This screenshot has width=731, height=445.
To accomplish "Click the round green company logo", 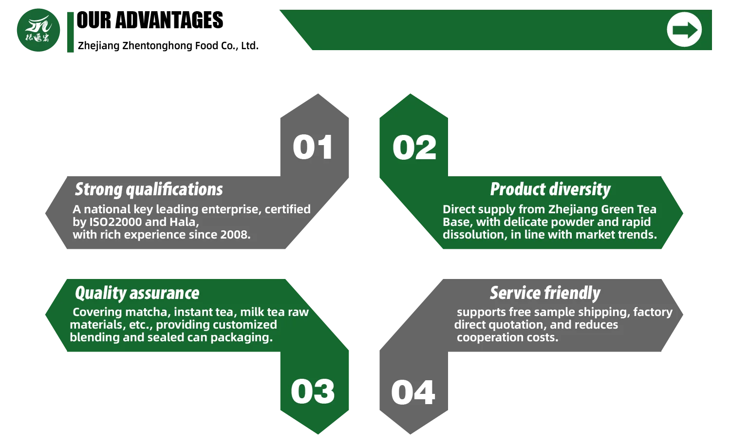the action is point(38,30).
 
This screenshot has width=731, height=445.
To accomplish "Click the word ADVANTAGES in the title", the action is point(169,20).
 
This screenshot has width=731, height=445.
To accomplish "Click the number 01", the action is point(313,148).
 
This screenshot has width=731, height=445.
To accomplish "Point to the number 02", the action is point(414,148).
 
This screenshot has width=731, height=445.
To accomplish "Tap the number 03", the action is point(313,391).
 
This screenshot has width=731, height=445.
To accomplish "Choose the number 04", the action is point(413,392).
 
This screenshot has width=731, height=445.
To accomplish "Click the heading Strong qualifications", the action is point(149,189).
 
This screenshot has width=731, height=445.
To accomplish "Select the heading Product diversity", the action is point(550,189).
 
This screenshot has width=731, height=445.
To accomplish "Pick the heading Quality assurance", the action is point(137,293).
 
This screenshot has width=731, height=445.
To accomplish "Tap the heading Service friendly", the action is point(545,293).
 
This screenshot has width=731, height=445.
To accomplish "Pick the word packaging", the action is point(242,338).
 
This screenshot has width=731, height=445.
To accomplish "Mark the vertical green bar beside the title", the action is point(71,32).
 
